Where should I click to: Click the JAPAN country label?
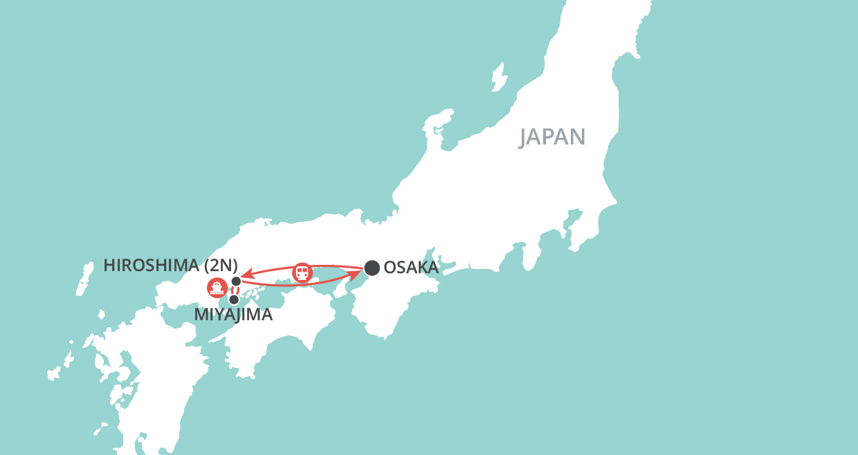tap(552, 137)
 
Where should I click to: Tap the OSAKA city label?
tap(411, 268)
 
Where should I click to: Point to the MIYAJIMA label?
tap(233, 315)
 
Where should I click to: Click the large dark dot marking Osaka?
tap(372, 268)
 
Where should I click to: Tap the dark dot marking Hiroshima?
tap(236, 281)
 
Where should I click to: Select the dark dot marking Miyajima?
tap(234, 299)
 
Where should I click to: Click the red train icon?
tap(302, 272)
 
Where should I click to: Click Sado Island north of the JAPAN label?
tap(498, 74)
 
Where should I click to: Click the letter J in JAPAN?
tap(525, 138)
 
